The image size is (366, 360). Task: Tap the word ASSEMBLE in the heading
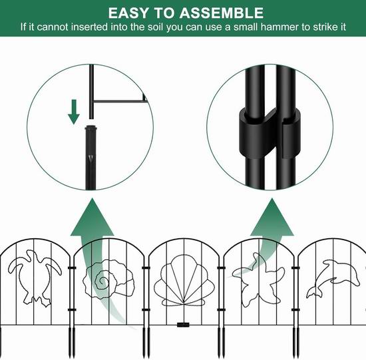pos(222,13)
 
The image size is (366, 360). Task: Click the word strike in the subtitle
pos(325,27)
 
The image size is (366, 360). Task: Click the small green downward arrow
pos(74,112)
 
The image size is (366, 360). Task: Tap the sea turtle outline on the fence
pos(35,277)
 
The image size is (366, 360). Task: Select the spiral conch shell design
pos(108,279)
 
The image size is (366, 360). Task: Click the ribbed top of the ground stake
pos(91,128)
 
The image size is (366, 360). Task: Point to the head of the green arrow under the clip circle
pos(272,217)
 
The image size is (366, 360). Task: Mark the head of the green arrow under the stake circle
pos(92,217)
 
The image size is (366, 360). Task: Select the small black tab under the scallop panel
pos(183,325)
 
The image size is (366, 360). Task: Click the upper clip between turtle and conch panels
pos(72,268)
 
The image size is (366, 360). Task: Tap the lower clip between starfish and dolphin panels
pos(295,310)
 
